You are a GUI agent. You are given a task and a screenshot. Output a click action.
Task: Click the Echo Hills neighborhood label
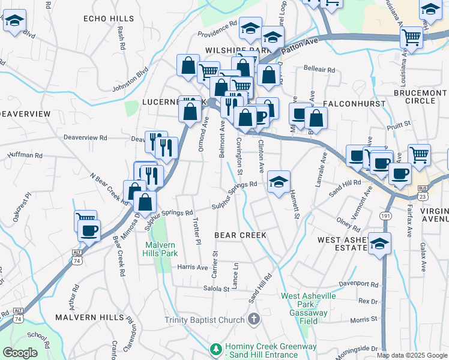click(x=109, y=19)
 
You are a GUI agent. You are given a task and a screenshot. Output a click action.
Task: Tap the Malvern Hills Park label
click(x=160, y=249)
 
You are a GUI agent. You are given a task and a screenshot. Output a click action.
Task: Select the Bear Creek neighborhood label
click(x=240, y=235)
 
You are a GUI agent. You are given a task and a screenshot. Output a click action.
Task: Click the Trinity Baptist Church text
click(x=205, y=320)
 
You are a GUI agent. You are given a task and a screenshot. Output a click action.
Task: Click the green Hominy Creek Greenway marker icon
click(x=215, y=348)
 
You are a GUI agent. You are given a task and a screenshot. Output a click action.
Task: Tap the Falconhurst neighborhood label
click(x=349, y=103)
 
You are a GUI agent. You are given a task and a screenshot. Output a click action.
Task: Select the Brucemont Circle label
click(x=420, y=97)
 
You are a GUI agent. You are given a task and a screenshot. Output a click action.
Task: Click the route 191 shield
click(x=385, y=215)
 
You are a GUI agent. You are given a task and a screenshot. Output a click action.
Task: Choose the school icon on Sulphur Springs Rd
click(x=279, y=182)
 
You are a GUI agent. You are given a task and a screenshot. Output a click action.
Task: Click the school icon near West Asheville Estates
click(x=379, y=243)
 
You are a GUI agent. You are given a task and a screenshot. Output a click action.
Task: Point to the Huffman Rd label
click(x=25, y=155)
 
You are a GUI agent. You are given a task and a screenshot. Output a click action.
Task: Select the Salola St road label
click(x=217, y=289)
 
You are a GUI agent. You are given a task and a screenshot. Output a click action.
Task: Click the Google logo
click(x=20, y=352)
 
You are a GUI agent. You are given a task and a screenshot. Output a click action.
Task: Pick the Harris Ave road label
click(x=192, y=267)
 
